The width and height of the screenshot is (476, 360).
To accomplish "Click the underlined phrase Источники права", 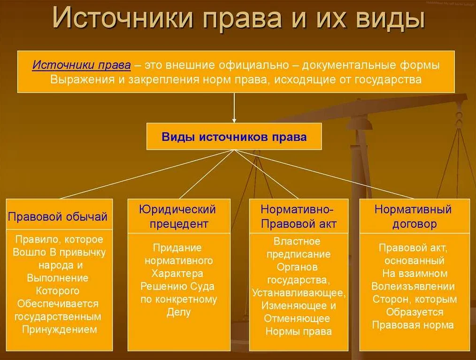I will click(82, 66).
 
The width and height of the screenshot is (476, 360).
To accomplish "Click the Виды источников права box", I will click(234, 137).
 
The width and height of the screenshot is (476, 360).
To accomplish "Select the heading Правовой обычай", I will click(58, 217).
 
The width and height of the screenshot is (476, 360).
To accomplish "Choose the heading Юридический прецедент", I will click(178, 216).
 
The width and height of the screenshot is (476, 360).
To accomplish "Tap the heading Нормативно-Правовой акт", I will click(299, 216).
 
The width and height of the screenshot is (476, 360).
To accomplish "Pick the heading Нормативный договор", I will click(413, 216).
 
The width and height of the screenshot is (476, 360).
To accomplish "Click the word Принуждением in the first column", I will click(60, 329).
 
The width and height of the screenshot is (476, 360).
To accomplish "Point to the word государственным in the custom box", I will click(57, 316).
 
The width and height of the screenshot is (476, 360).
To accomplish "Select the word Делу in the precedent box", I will click(178, 312).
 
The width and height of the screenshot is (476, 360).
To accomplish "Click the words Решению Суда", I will click(177, 286).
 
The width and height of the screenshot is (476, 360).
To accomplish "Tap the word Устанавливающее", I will click(299, 293).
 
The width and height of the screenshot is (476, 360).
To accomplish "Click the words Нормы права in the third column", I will click(299, 331).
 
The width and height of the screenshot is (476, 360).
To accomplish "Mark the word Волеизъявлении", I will click(413, 286).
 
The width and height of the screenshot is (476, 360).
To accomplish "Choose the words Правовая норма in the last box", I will click(413, 325).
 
